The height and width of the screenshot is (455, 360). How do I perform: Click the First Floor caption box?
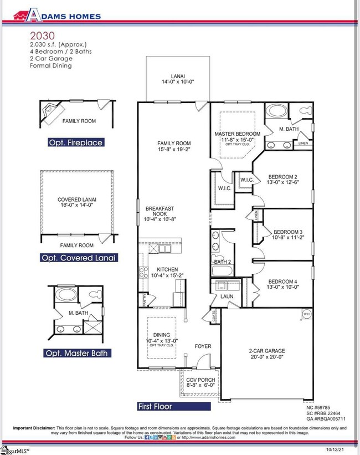[x=173, y=406]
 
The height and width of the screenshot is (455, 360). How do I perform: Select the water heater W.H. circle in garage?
[x=306, y=314]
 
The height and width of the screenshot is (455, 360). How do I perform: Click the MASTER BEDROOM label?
[x=237, y=137]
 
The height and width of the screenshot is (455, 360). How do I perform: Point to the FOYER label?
[x=203, y=346]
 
